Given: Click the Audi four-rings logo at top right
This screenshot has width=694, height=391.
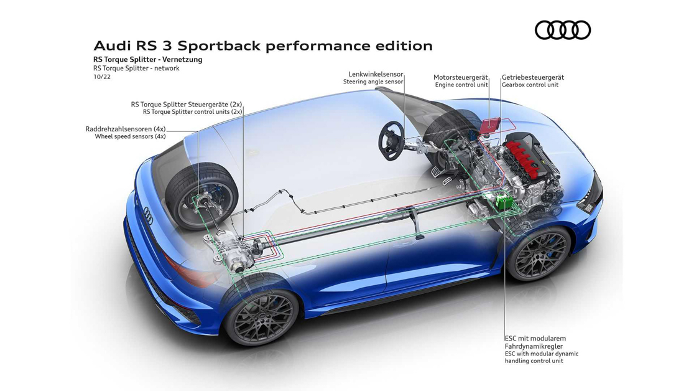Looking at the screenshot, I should point(562,30).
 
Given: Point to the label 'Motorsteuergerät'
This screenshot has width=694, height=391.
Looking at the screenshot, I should point(461,77).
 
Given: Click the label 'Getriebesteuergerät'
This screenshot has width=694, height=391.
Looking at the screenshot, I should point(533,77).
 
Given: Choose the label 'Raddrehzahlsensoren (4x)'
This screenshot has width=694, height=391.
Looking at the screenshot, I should point(126,129).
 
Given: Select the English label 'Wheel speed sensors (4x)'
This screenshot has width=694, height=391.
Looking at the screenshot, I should point(130,136).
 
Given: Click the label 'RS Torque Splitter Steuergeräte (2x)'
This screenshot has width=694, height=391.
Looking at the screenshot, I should point(187,104).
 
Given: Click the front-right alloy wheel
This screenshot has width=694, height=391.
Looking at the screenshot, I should point(539,255).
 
